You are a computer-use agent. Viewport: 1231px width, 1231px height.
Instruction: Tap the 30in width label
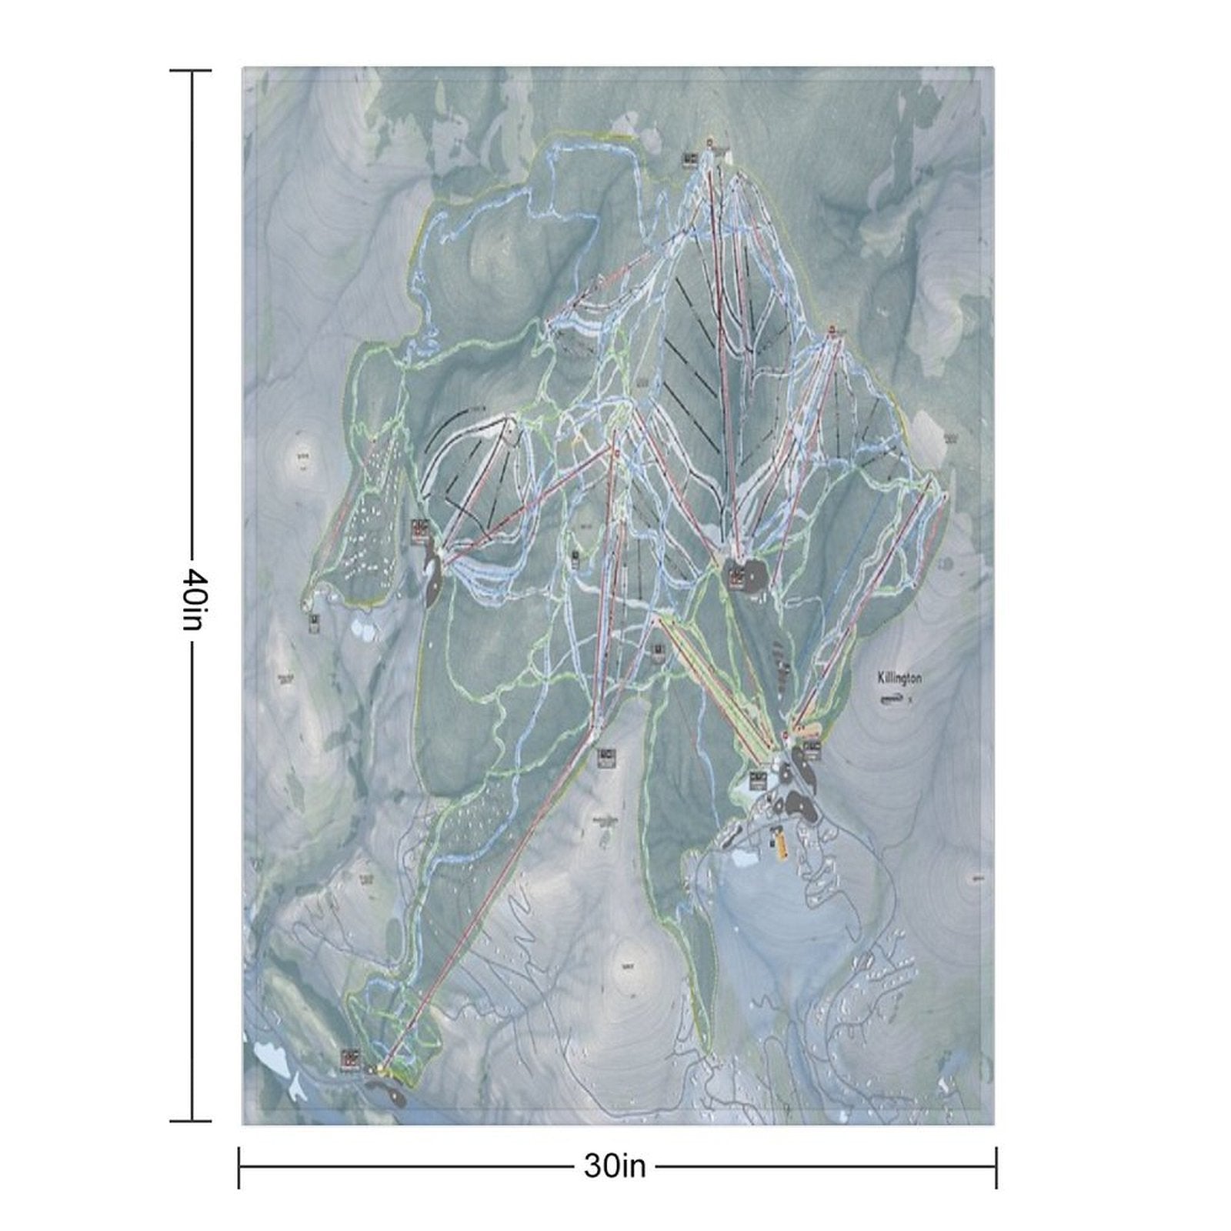click(615, 1166)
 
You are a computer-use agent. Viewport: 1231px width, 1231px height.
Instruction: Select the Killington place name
click(899, 679)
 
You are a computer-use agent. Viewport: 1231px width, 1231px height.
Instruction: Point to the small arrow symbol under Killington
click(893, 699)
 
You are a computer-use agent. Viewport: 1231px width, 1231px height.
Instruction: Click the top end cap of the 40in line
click(191, 71)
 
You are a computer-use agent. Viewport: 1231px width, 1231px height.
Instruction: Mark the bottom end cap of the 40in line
click(191, 1121)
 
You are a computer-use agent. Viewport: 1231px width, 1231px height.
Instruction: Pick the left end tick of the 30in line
click(239, 1167)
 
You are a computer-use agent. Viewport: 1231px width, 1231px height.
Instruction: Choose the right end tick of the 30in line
click(996, 1167)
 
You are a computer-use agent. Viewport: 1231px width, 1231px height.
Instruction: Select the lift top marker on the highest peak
click(709, 142)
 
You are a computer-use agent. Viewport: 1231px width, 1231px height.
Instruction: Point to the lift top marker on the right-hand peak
click(832, 330)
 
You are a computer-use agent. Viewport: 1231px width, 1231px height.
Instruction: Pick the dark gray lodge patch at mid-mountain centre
click(743, 573)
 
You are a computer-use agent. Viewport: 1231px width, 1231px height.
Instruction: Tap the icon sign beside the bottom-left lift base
click(351, 1060)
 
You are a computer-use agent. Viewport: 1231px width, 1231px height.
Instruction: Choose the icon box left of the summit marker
click(689, 158)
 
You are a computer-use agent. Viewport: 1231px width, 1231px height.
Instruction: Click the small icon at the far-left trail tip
click(315, 622)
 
